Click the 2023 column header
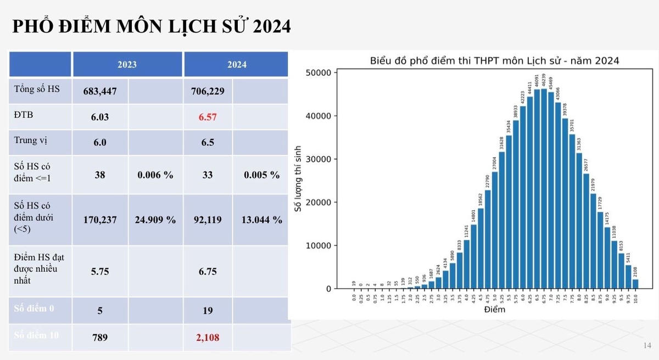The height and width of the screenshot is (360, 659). click(127, 64)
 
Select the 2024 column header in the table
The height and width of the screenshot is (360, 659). click(237, 64)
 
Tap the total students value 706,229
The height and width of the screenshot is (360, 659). click(208, 91)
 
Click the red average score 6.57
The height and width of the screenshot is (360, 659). click(208, 116)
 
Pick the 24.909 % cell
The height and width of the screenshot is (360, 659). click(155, 220)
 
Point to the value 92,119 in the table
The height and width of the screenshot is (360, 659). click(208, 220)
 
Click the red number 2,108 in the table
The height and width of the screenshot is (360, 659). click(208, 337)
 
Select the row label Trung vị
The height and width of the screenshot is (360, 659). click(31, 140)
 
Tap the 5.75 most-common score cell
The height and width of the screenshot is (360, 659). click(100, 271)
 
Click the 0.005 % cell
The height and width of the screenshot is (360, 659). click(261, 175)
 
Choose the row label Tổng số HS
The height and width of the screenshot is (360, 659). click(37, 89)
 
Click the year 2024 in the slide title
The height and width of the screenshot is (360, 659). click(269, 26)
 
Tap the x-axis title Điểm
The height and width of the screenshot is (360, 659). click(494, 310)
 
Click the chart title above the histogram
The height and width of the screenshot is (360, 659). click(494, 60)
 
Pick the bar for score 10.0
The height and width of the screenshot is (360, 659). click(635, 284)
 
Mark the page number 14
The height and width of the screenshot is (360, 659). click(646, 345)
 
